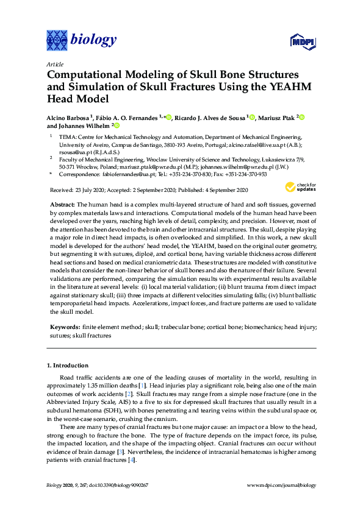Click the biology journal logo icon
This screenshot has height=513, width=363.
click(57, 40)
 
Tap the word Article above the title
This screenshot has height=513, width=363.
click(54, 63)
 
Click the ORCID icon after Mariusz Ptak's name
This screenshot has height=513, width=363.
click(301, 117)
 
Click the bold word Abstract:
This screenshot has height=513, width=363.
click(63, 202)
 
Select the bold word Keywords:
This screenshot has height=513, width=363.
click(65, 327)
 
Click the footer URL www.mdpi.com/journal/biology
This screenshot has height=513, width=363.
click(281, 484)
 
